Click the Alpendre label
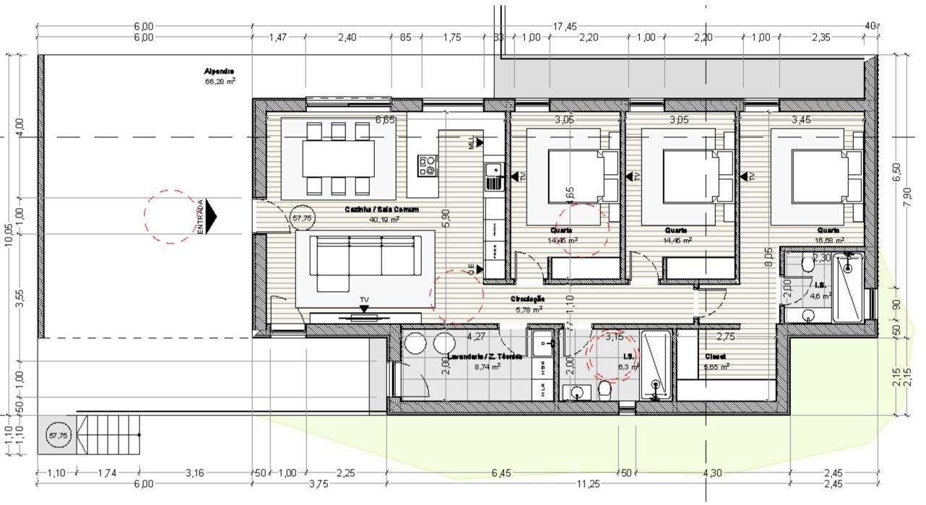(219, 72)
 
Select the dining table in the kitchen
(338, 159)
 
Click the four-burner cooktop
(428, 165)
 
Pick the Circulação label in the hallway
(527, 298)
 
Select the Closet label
(715, 357)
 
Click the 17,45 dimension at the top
(565, 27)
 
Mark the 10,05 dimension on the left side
(9, 234)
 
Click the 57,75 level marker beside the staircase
(59, 436)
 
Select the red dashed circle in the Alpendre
(170, 216)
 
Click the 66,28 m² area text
(220, 82)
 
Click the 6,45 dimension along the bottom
(501, 473)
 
